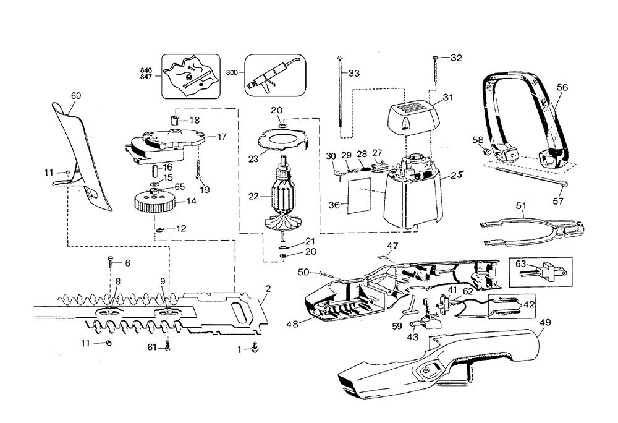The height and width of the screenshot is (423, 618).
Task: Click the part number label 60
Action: click(76, 96)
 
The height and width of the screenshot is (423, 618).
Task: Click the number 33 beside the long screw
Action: click(353, 73)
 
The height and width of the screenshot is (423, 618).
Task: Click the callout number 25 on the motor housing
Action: click(457, 175)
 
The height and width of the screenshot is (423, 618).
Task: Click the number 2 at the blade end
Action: click(268, 289)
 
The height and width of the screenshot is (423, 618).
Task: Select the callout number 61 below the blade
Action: click(152, 347)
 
